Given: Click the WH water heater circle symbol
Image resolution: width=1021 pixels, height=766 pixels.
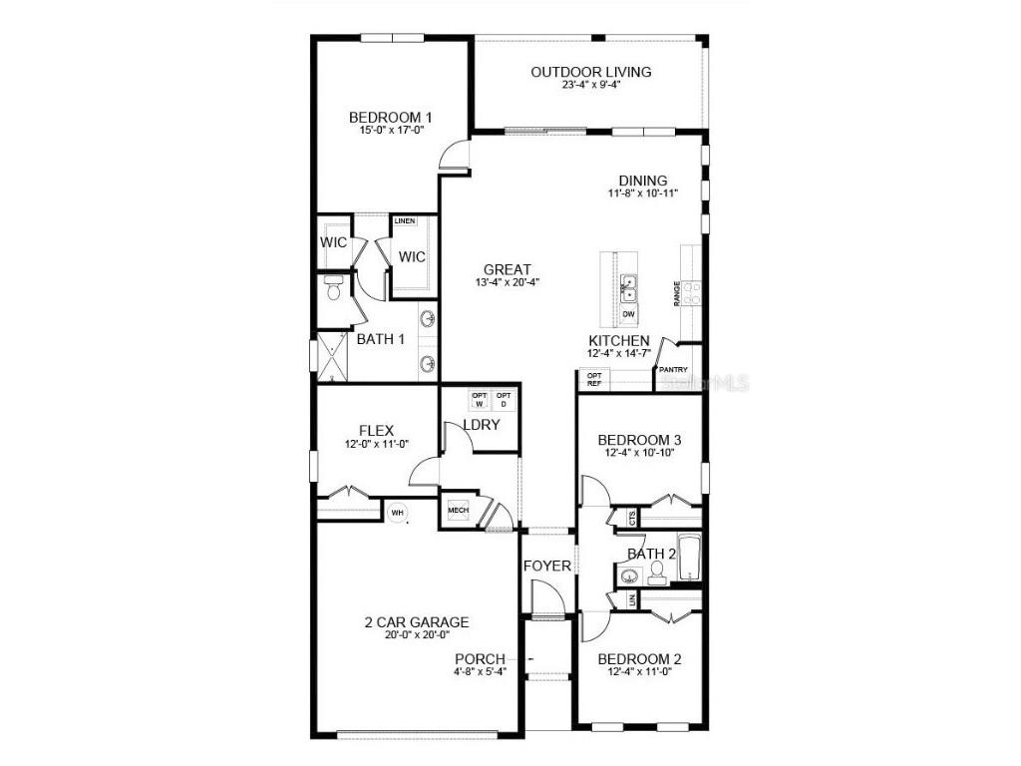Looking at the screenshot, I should click(397, 513).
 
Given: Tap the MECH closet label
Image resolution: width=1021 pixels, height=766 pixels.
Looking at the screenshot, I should click(458, 511).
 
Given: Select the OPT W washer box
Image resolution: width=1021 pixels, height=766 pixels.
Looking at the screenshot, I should click(479, 400).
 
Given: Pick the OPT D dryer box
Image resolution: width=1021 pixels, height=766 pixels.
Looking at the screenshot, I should click(504, 400).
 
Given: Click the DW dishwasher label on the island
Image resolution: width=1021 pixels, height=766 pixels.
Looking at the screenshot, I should click(628, 314).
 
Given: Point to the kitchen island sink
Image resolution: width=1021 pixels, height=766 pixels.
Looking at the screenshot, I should click(629, 288).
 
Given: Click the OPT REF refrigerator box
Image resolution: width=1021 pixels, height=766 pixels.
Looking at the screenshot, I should click(594, 379).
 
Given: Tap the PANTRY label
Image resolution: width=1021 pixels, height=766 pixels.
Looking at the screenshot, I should click(673, 370).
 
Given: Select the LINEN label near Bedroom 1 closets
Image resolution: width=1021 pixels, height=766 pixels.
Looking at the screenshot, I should click(404, 220).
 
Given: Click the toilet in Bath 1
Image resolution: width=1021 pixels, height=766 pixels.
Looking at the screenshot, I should click(333, 290).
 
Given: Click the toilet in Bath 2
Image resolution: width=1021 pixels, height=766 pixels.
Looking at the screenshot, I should click(657, 573).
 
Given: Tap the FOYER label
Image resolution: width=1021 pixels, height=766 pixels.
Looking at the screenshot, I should click(547, 566).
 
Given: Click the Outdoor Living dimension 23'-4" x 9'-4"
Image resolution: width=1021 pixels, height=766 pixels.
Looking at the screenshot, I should click(591, 85).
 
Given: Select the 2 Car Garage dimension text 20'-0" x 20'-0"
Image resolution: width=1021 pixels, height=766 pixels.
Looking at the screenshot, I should click(416, 635).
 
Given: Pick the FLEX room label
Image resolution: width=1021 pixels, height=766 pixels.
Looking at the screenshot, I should click(349, 431).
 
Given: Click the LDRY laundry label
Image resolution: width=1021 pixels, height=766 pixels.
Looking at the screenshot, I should click(481, 425).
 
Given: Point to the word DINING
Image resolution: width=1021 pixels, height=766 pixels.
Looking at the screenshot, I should click(643, 181).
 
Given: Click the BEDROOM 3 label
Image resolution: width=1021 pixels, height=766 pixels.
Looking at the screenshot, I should click(639, 440).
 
